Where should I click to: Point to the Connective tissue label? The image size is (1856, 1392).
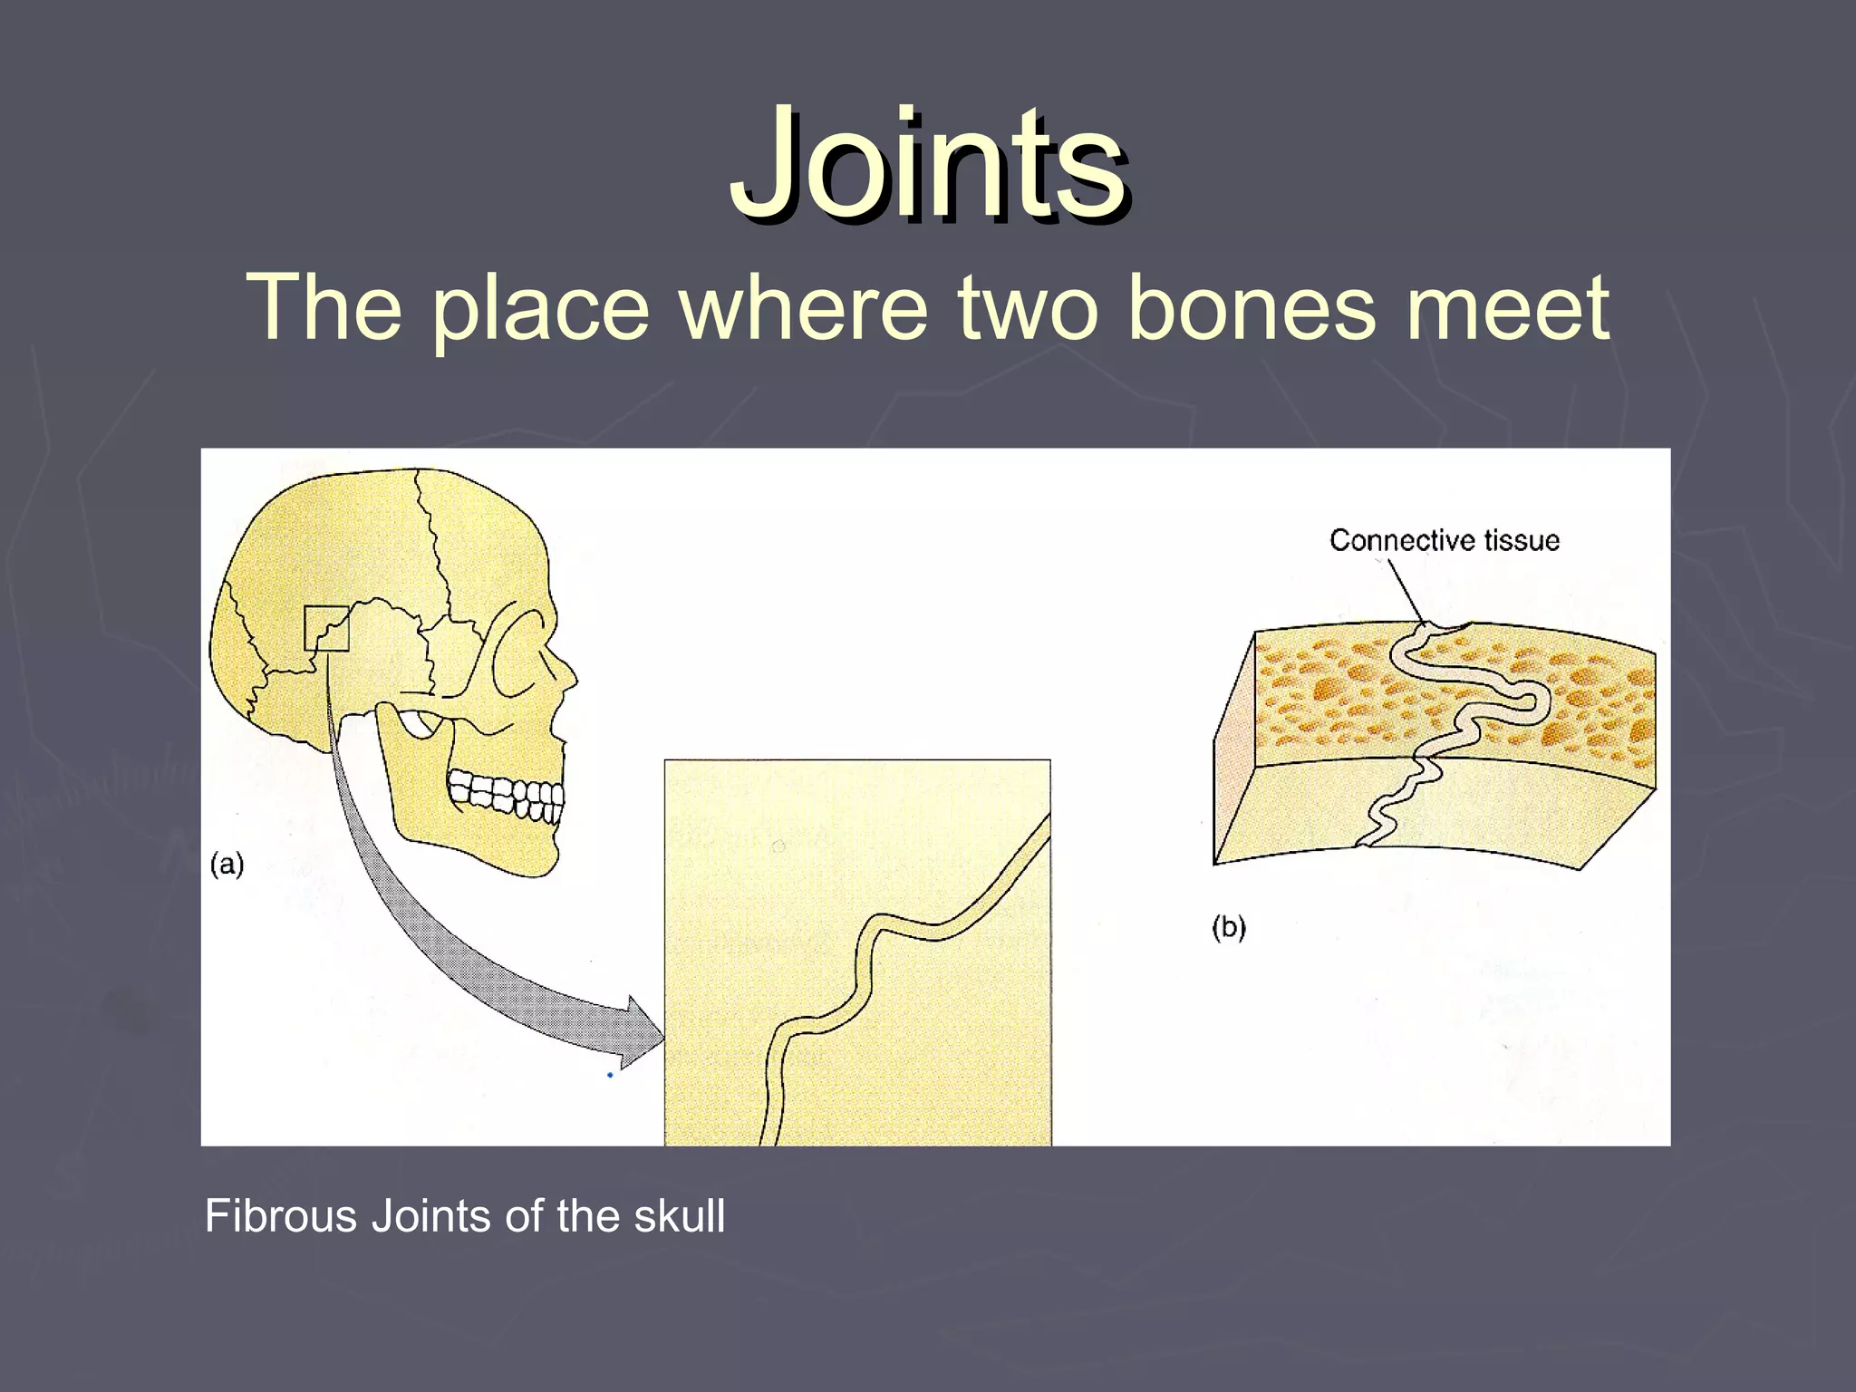[1444, 541]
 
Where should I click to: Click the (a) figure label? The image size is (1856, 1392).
[227, 865]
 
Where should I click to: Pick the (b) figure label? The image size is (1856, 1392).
[1229, 927]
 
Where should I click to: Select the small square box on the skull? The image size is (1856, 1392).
[326, 628]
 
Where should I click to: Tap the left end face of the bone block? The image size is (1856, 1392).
[1232, 752]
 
